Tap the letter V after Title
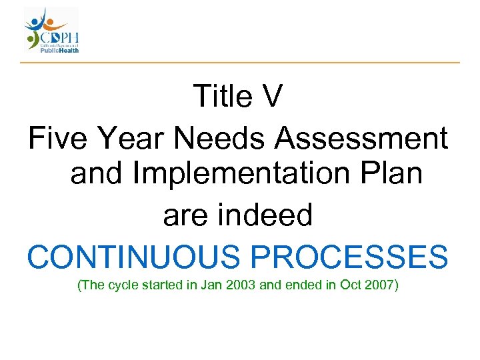coord(272,97)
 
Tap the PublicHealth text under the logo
coord(62,49)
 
